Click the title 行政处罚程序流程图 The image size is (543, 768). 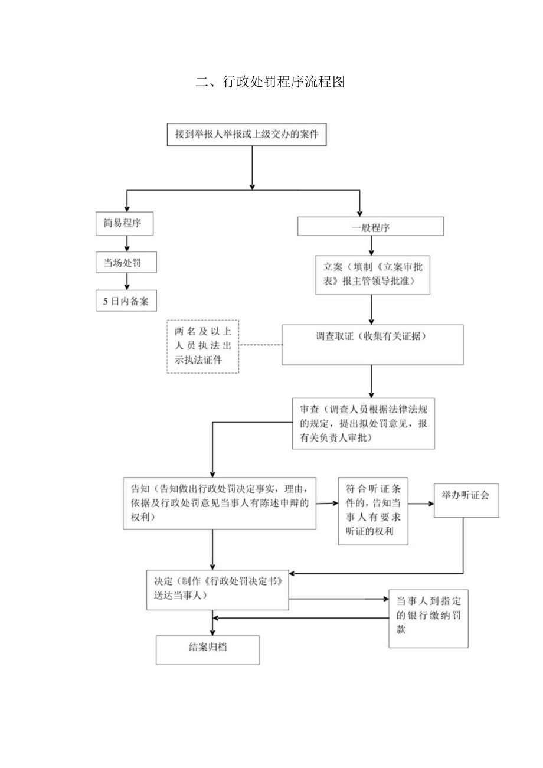pyautogui.click(x=270, y=82)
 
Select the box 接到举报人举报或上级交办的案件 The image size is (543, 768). pyautogui.click(x=247, y=134)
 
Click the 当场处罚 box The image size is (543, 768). pyautogui.click(x=126, y=263)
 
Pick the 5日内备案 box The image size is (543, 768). pyautogui.click(x=126, y=300)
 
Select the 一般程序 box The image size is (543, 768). pyautogui.click(x=370, y=227)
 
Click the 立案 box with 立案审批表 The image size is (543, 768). pyautogui.click(x=372, y=275)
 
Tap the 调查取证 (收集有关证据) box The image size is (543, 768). pyautogui.click(x=371, y=344)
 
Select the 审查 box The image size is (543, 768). pyautogui.click(x=364, y=424)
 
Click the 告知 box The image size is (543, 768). pyautogui.click(x=219, y=503)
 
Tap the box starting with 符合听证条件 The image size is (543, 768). pyautogui.click(x=373, y=511)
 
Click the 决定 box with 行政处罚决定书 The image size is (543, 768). pyautogui.click(x=218, y=589)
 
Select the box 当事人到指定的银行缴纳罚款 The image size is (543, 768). pyautogui.click(x=428, y=618)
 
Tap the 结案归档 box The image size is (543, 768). pyautogui.click(x=207, y=650)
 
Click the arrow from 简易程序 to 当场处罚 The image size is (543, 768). pyautogui.click(x=126, y=244)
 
